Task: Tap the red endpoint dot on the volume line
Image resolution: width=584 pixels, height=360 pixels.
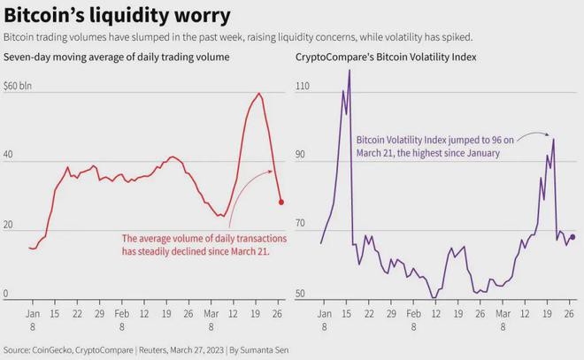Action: click(281, 202)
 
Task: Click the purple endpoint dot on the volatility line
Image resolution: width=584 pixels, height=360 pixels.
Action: click(572, 236)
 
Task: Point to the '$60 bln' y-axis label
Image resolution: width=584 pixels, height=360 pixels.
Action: click(19, 86)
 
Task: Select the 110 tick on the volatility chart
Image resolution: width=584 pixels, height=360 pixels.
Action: click(304, 87)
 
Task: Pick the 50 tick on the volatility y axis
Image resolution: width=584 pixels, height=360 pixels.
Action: click(302, 294)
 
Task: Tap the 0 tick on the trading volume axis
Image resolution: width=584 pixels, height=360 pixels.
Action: click(7, 294)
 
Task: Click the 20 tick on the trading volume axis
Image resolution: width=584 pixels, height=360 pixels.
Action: click(10, 225)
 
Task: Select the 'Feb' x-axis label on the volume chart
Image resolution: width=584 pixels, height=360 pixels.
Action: click(124, 314)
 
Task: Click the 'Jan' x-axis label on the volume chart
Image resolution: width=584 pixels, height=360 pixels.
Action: click(33, 314)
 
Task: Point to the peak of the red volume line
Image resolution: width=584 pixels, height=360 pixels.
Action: click(258, 94)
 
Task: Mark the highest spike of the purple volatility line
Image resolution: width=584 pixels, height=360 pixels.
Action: click(350, 70)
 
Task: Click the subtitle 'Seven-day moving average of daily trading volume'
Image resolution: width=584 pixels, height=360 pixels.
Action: click(117, 57)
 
